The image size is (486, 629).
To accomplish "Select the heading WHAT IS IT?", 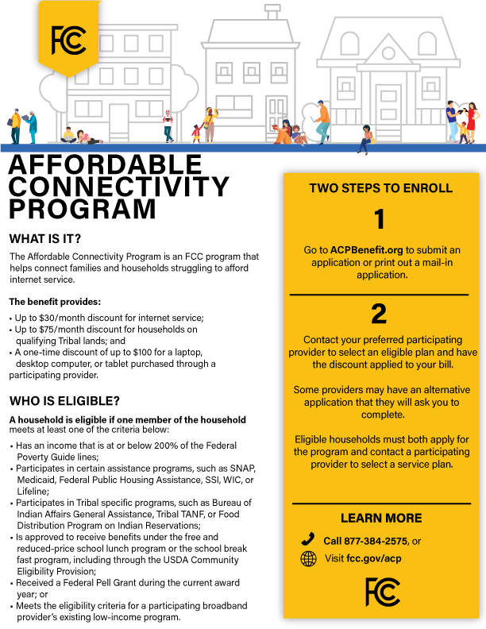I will [45, 238].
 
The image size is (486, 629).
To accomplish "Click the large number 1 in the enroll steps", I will [380, 219].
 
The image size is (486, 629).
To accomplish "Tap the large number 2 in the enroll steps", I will [380, 314].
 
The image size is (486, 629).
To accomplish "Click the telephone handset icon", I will [308, 540].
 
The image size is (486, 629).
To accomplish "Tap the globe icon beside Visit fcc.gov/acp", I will [308, 559].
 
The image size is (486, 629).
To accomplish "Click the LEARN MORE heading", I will [381, 518].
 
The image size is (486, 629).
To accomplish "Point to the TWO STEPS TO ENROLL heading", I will [381, 188].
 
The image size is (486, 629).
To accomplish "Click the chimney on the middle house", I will [272, 14].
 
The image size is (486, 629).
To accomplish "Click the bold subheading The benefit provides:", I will [55, 303].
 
